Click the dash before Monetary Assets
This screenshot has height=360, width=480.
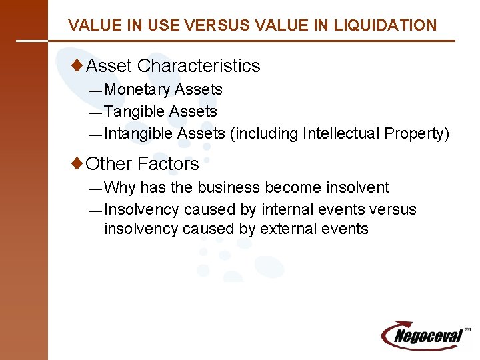(x=97, y=90)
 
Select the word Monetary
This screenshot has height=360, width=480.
(x=138, y=89)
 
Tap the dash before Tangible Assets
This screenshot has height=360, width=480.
(x=97, y=112)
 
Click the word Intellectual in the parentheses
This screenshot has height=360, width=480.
(x=341, y=133)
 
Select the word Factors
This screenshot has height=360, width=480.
(x=168, y=164)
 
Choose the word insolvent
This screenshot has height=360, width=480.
(x=355, y=187)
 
